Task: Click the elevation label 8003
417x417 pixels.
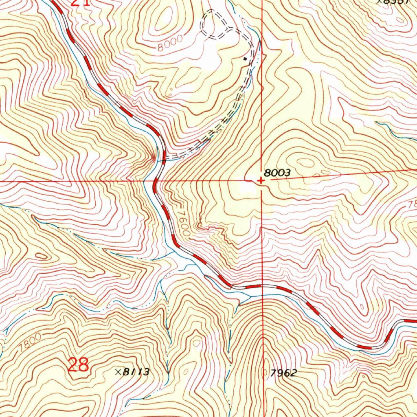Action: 277,173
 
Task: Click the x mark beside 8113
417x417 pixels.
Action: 118,372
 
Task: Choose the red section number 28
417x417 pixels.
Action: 78,365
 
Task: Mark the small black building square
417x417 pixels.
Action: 244,59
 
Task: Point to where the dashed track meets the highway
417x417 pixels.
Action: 164,157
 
